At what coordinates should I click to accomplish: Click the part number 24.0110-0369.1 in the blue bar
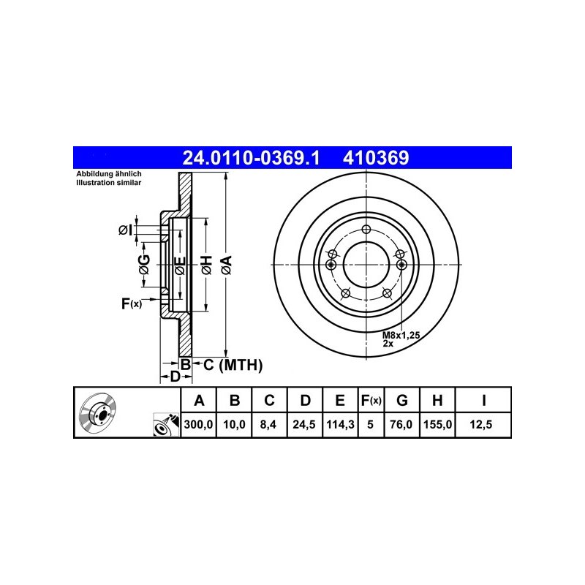pos(251,158)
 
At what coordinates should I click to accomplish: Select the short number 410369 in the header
pos(376,158)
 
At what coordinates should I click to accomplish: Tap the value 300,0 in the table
pos(198,425)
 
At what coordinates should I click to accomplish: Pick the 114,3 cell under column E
pos(340,425)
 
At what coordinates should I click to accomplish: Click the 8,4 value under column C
pos(268,425)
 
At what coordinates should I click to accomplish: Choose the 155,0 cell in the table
pos(437,425)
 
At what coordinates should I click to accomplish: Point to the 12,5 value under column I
pos(481,425)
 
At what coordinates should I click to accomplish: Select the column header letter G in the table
pos(401,400)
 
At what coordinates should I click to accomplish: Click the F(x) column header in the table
pos(371,400)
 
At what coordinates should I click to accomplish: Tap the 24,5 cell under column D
pos(304,425)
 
